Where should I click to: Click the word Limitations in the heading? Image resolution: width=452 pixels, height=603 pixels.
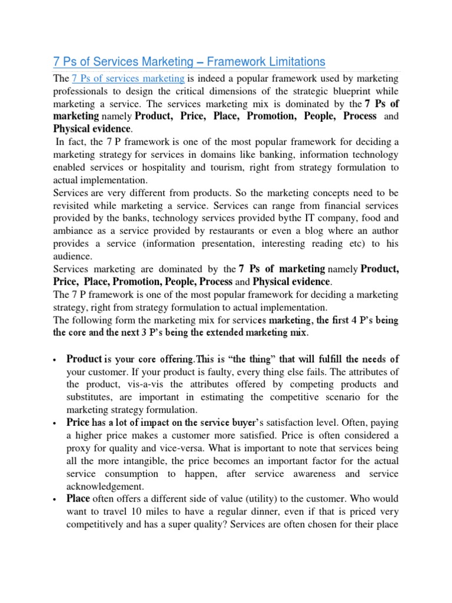pyautogui.click(x=294, y=62)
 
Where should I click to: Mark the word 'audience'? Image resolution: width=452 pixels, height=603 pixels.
pyautogui.click(x=72, y=257)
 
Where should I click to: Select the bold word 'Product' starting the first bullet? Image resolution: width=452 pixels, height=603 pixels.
pyautogui.click(x=84, y=359)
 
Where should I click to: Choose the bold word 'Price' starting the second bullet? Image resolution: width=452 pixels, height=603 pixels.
pyautogui.click(x=78, y=422)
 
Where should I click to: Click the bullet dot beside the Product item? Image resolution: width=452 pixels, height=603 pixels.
pyautogui.click(x=55, y=360)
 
